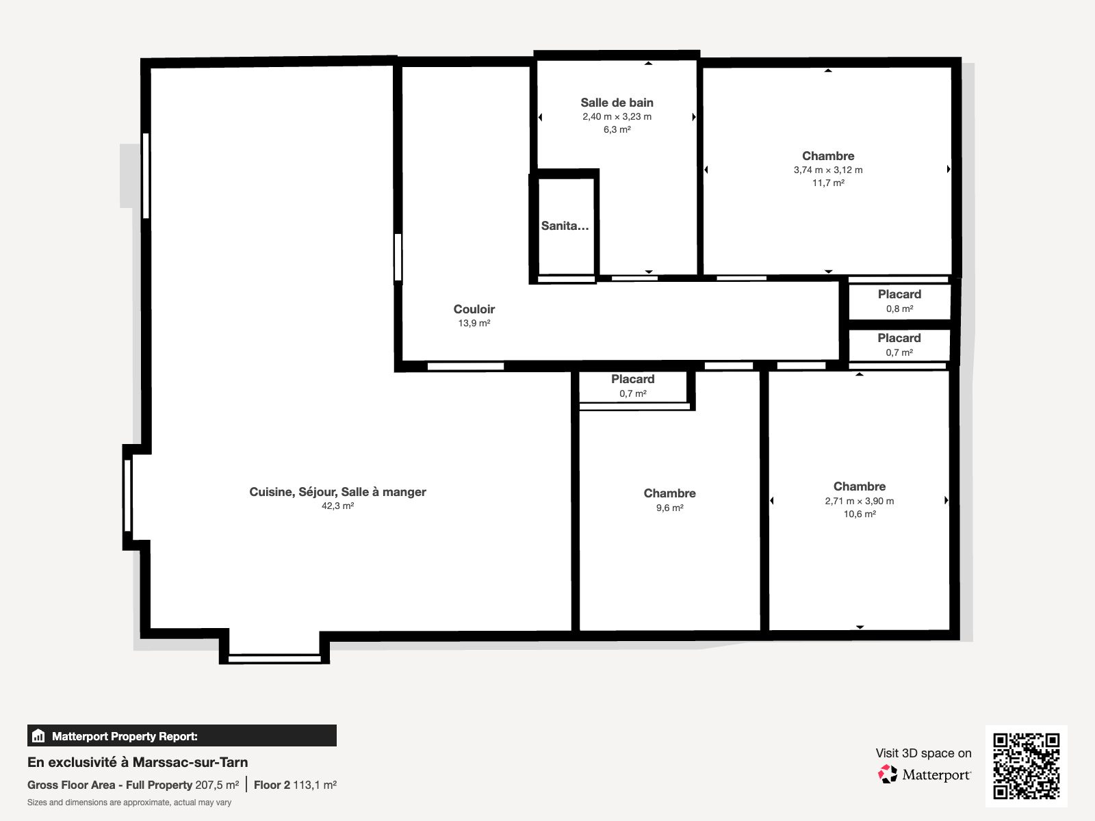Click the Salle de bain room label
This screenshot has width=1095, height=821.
click(x=617, y=103)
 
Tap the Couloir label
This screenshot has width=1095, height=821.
click(x=474, y=309)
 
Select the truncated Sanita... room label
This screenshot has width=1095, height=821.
click(x=565, y=226)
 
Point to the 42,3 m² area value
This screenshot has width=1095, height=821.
click(x=337, y=506)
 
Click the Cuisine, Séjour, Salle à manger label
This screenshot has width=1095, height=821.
click(x=337, y=492)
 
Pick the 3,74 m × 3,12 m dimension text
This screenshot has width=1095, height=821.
click(x=828, y=170)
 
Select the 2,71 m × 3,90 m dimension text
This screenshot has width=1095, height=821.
click(x=859, y=501)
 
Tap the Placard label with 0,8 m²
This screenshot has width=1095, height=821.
click(x=899, y=294)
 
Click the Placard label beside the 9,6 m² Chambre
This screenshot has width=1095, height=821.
click(x=632, y=379)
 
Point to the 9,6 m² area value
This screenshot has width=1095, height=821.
click(x=669, y=508)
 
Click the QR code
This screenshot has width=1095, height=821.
click(x=1026, y=766)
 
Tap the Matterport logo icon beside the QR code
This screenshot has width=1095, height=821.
click(x=887, y=774)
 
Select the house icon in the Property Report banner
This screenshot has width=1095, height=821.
click(x=38, y=735)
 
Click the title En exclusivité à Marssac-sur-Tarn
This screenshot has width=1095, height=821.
click(x=138, y=762)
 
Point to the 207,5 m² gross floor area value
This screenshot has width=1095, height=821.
click(x=217, y=785)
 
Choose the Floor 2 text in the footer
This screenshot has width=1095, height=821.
click(x=272, y=785)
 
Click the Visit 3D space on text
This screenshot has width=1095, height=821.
click(x=923, y=753)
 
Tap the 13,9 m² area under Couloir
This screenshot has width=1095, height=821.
click(x=474, y=323)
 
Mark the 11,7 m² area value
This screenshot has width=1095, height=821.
click(x=828, y=183)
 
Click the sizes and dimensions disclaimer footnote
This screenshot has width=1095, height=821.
click(x=129, y=803)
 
